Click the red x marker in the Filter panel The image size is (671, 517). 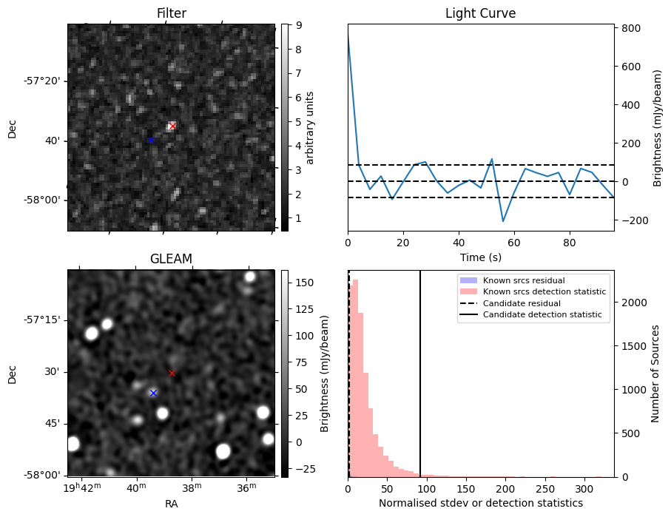pyautogui.click(x=172, y=126)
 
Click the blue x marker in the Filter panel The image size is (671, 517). pyautogui.click(x=151, y=140)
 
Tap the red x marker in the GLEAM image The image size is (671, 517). pyautogui.click(x=172, y=374)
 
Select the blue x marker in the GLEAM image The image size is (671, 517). pyautogui.click(x=153, y=393)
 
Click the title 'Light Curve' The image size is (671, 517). pyautogui.click(x=480, y=13)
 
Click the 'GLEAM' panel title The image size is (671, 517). pyautogui.click(x=171, y=259)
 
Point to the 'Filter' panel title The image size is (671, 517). pyautogui.click(x=171, y=13)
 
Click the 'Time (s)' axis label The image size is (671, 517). pyautogui.click(x=480, y=257)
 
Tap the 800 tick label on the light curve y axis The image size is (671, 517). pyautogui.click(x=631, y=28)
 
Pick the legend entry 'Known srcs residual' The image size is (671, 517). pyautogui.click(x=523, y=280)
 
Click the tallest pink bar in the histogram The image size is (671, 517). pyautogui.click(x=355, y=377)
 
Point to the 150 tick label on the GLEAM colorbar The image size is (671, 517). pyautogui.click(x=305, y=283)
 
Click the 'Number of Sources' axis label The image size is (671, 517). pyautogui.click(x=655, y=374)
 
